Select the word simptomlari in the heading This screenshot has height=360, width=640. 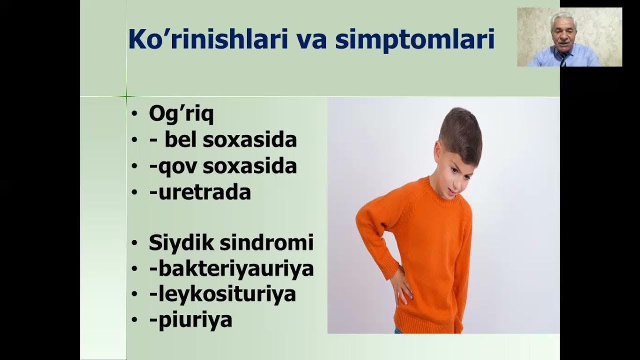(x=414, y=40)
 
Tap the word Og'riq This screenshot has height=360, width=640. (x=181, y=114)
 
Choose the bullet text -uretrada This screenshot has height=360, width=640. (x=199, y=192)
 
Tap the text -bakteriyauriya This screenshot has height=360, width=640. (x=231, y=268)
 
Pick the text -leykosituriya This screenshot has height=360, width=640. (x=222, y=294)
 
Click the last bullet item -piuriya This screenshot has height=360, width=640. (x=190, y=320)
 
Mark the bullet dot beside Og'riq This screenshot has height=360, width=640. (x=134, y=114)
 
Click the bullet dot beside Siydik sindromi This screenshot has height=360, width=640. (x=134, y=243)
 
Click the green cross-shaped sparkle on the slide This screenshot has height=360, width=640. (x=126, y=96)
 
